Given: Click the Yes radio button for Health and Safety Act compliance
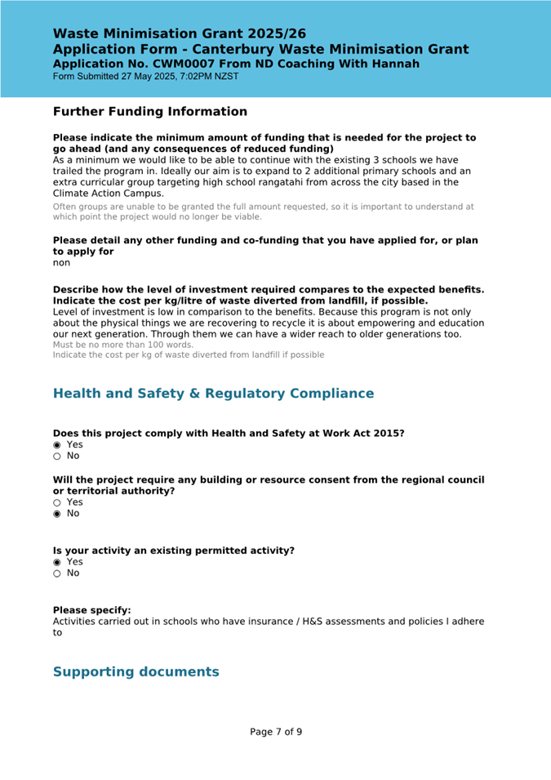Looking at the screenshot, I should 57,444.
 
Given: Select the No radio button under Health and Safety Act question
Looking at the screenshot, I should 57,456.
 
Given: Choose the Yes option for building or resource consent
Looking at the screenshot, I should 57,502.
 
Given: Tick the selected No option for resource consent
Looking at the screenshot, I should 57,514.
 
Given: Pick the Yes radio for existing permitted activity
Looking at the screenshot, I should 57,562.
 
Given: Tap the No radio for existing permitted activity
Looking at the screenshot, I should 57,573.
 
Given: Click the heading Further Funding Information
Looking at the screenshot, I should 149,111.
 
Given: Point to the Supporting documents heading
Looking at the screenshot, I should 136,671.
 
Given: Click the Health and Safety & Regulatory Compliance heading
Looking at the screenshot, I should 213,394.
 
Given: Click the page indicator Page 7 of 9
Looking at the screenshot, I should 276,732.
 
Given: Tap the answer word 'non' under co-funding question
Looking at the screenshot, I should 62,263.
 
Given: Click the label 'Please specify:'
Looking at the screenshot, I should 91,610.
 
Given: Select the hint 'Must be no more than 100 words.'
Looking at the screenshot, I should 123,345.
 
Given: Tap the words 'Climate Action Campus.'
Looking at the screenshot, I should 109,194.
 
